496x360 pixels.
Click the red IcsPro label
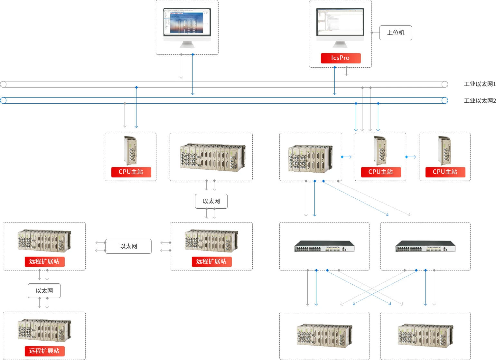pos(341,58)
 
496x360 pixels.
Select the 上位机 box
pos(396,33)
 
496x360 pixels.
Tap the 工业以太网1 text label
pos(480,84)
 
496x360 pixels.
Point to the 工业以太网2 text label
pos(480,101)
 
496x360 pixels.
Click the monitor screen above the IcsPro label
pos(340,22)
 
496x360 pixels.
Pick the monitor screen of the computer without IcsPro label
pos(187,22)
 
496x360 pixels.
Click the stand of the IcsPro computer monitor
pos(340,44)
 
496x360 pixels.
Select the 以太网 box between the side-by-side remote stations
pos(128,246)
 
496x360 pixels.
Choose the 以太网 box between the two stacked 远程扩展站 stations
pos(44,291)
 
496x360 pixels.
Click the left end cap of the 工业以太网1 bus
pos(3,84)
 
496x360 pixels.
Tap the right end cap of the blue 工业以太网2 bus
pos(445,100)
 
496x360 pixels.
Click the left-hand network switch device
pos(324,246)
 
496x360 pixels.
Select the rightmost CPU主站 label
pos(445,172)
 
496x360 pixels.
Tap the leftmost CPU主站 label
pos(131,172)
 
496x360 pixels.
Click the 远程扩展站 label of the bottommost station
pos(44,351)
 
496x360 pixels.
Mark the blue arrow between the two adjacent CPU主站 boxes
pos(411,157)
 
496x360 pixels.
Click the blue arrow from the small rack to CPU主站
pos(346,157)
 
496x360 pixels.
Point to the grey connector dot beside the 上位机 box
pos(372,33)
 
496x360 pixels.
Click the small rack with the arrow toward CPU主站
pos(310,158)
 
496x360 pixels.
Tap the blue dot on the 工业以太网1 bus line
pos(136,87)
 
